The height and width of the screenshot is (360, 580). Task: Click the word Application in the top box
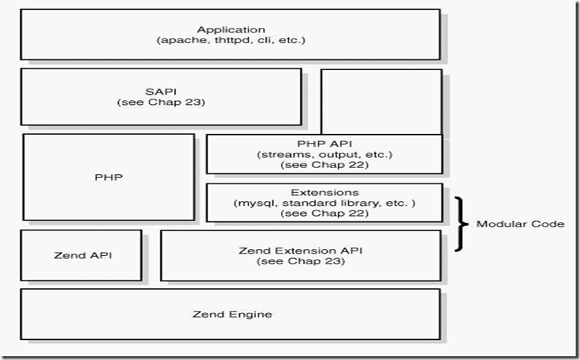(x=231, y=30)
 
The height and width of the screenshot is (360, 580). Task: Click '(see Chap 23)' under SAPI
(x=160, y=102)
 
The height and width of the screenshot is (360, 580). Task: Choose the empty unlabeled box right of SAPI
(x=381, y=101)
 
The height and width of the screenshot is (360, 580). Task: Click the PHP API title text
(x=324, y=143)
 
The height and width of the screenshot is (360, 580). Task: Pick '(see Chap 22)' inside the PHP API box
(x=324, y=165)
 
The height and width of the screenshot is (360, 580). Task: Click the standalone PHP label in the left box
(x=108, y=177)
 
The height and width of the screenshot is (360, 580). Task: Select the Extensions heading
(x=324, y=192)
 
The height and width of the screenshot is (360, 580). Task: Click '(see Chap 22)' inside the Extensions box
(x=324, y=214)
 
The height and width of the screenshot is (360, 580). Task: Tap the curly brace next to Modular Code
(x=460, y=224)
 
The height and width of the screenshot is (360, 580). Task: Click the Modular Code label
(x=520, y=224)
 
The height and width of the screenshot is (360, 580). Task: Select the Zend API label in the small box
(x=81, y=255)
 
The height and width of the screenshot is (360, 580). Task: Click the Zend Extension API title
(x=301, y=251)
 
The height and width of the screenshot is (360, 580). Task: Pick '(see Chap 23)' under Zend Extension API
(x=301, y=261)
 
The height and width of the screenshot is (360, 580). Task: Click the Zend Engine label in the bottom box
(x=231, y=314)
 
